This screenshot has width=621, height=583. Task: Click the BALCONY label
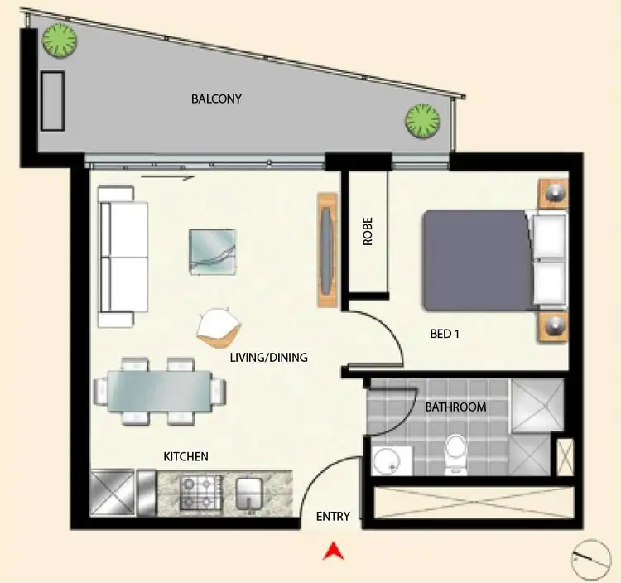click(x=216, y=99)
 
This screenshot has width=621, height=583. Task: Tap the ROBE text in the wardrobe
click(x=368, y=233)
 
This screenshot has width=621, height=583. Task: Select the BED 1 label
click(x=445, y=334)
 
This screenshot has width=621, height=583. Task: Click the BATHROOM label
click(x=455, y=407)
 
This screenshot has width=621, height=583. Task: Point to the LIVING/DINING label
click(x=268, y=358)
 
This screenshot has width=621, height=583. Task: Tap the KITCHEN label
click(x=185, y=456)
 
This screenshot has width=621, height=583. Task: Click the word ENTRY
click(x=333, y=516)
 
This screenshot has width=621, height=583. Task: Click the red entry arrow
click(x=333, y=550)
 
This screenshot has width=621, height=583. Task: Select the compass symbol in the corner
click(x=590, y=559)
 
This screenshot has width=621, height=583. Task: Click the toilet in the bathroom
click(x=456, y=454)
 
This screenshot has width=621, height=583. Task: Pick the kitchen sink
click(x=248, y=492)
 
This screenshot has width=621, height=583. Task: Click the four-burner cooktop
click(x=198, y=492)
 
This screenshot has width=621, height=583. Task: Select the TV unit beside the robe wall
click(x=328, y=250)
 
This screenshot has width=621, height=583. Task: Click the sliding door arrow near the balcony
click(x=168, y=176)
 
